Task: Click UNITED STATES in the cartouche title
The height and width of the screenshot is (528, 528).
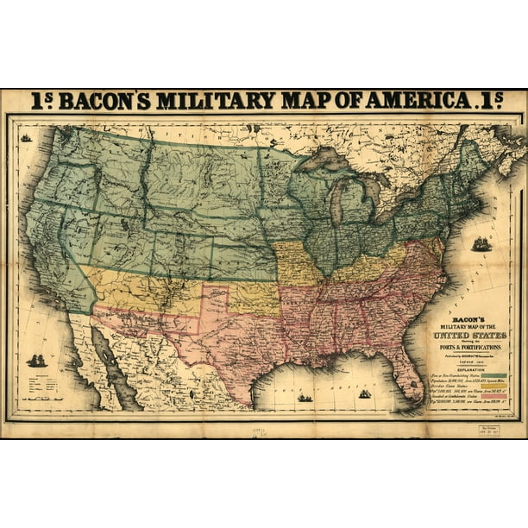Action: coord(471,332)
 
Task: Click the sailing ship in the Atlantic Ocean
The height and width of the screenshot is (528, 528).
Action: coord(481,245)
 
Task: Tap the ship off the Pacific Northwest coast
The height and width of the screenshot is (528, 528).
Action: coord(27,138)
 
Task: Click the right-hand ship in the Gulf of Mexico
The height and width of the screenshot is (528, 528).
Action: coord(365,394)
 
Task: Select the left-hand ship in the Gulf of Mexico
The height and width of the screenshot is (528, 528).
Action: coord(305,398)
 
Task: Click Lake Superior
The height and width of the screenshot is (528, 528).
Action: coord(327,160)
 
